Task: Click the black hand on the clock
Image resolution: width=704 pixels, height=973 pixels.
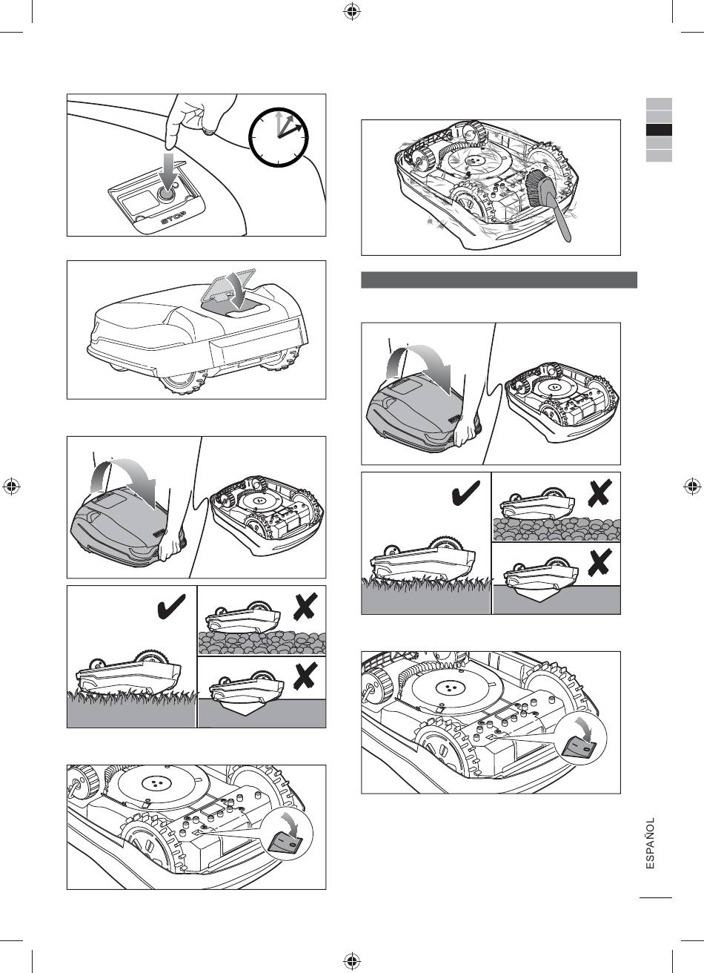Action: [x=291, y=130]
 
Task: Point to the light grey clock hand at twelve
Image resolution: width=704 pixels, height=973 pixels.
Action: [x=278, y=124]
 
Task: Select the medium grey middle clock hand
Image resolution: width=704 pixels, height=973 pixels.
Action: [x=285, y=126]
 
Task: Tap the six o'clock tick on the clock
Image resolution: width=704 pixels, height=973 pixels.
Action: [x=278, y=162]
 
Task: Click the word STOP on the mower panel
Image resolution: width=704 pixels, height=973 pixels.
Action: [x=173, y=217]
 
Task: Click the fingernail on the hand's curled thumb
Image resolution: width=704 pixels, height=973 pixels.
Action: [x=209, y=131]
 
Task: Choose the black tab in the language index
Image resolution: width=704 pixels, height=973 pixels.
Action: [x=659, y=131]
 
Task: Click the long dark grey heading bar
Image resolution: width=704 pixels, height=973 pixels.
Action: [x=499, y=280]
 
